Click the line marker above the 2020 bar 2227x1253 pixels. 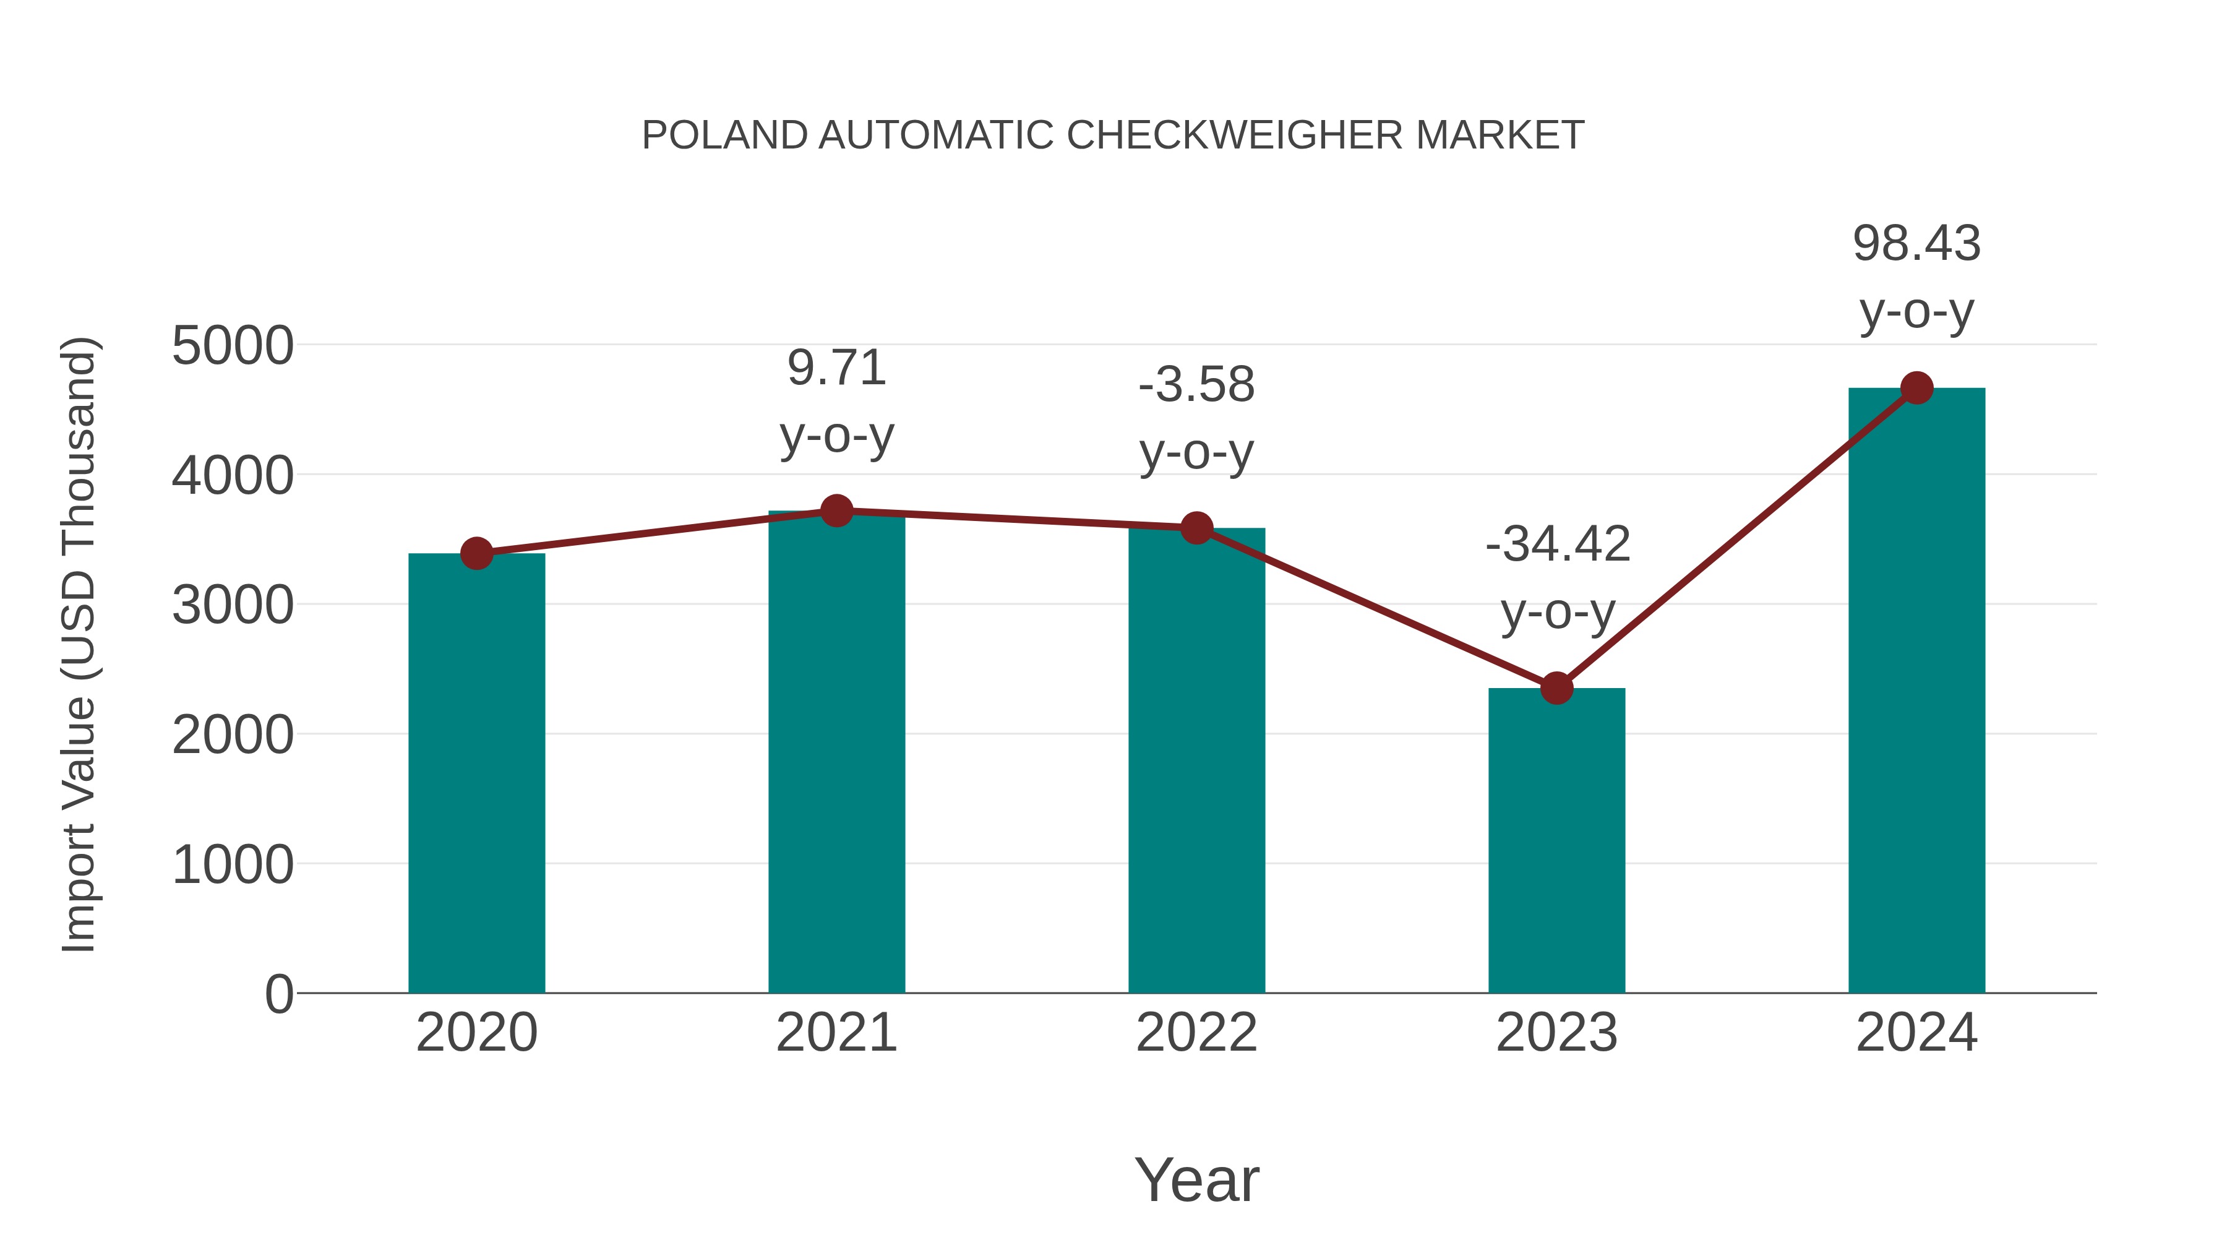[x=476, y=553]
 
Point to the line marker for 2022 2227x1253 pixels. [x=1196, y=527]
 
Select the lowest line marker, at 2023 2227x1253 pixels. [x=1556, y=688]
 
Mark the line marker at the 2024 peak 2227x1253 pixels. [x=1916, y=388]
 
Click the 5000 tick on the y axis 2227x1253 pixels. [x=233, y=346]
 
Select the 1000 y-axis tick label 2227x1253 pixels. [x=233, y=865]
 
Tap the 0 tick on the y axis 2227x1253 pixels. [x=279, y=994]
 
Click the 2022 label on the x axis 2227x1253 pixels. [x=1196, y=1033]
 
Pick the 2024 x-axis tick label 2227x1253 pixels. [x=1916, y=1033]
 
